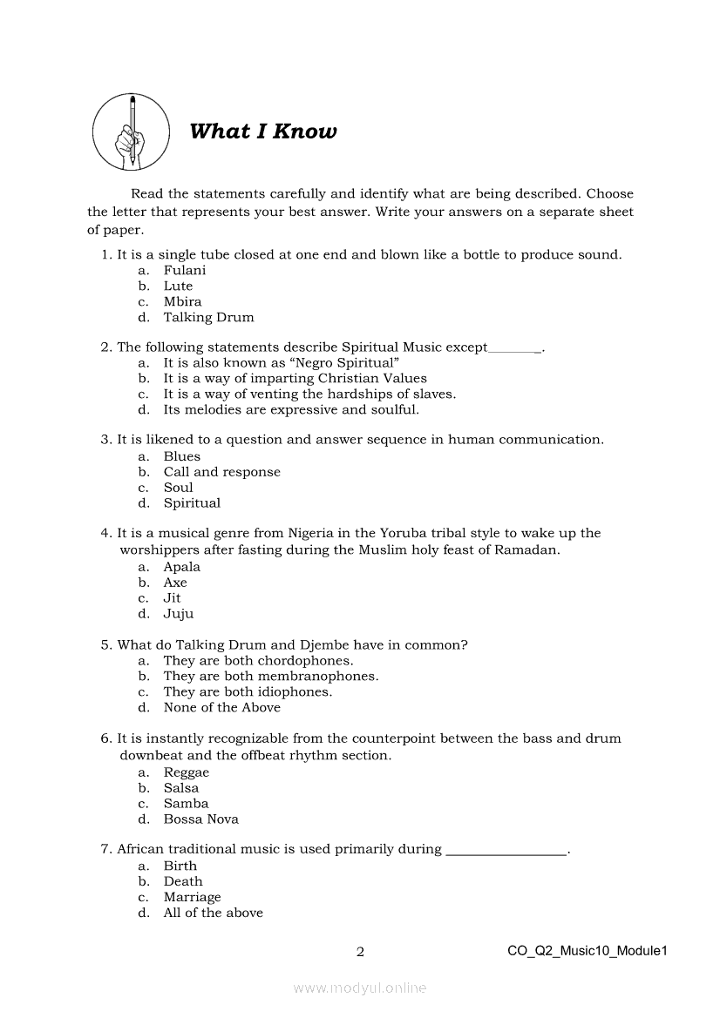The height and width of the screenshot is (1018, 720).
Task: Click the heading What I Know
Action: [262, 131]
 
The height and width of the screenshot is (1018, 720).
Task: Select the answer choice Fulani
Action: [185, 271]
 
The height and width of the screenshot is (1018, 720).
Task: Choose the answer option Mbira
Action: [182, 302]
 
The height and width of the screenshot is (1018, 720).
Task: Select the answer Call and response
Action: [221, 472]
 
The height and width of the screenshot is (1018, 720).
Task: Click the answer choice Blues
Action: [181, 456]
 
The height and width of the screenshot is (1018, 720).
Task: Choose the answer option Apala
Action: [181, 567]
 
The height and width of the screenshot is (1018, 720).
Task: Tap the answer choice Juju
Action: [179, 614]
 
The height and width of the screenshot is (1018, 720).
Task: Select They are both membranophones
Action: [270, 677]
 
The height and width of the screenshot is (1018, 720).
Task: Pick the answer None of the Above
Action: [221, 708]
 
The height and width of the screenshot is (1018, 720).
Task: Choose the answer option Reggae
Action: [187, 772]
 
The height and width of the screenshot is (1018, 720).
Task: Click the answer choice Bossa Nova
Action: [200, 819]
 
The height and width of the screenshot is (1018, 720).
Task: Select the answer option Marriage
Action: [192, 897]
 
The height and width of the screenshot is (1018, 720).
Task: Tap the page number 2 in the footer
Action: [360, 952]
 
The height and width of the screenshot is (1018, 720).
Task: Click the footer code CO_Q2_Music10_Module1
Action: [587, 951]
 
